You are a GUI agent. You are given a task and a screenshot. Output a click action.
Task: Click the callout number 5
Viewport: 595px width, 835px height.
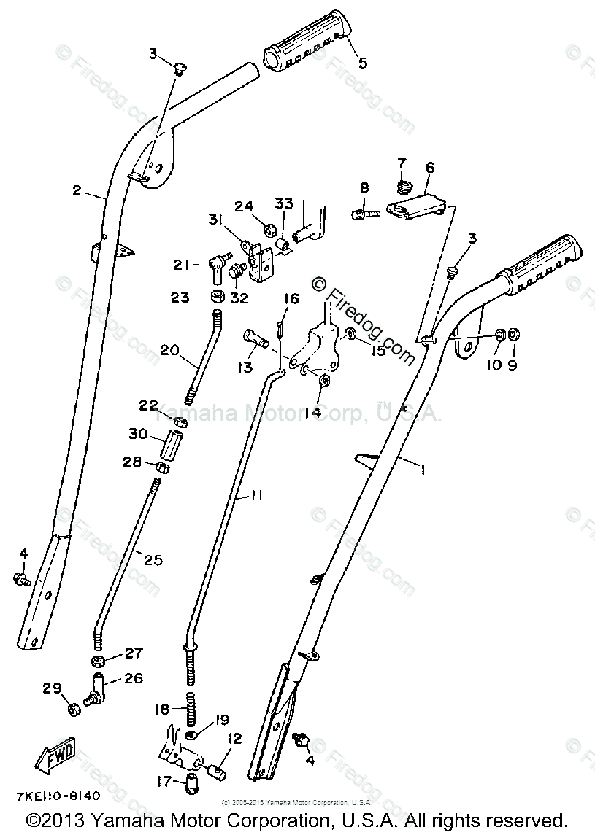tap(362, 63)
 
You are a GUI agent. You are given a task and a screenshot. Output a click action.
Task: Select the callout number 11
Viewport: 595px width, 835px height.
tap(256, 495)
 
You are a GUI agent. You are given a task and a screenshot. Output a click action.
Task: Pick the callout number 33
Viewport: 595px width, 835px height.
tap(283, 202)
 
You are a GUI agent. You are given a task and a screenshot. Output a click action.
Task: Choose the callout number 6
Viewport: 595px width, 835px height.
tap(429, 167)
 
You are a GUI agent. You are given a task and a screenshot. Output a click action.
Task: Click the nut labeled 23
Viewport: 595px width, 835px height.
tap(218, 297)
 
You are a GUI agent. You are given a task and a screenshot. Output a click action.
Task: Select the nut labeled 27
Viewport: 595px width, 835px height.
tap(96, 661)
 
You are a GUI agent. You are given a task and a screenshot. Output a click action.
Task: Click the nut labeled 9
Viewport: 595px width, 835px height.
tap(513, 334)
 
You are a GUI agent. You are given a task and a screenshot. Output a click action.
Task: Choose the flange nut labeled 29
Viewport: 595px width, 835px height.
tap(73, 708)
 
